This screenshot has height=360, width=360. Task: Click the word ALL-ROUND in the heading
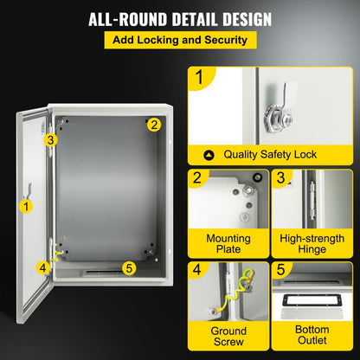click(127, 18)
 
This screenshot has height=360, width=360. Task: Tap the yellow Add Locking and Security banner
click(179, 41)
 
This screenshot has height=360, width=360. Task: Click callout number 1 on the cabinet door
click(26, 205)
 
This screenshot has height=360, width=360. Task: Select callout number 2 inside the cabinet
click(153, 124)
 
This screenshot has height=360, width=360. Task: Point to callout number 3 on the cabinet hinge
click(51, 139)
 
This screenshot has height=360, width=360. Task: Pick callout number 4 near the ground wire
click(42, 267)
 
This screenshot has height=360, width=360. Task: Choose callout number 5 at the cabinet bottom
click(129, 267)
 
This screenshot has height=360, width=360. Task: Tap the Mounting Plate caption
click(228, 243)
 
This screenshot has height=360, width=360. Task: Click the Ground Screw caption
click(228, 337)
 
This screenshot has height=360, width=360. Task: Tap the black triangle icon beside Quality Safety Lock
click(209, 155)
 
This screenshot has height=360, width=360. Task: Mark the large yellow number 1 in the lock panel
click(201, 80)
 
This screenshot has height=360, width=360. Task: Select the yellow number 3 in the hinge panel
click(281, 179)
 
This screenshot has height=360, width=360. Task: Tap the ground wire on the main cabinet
click(59, 252)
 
